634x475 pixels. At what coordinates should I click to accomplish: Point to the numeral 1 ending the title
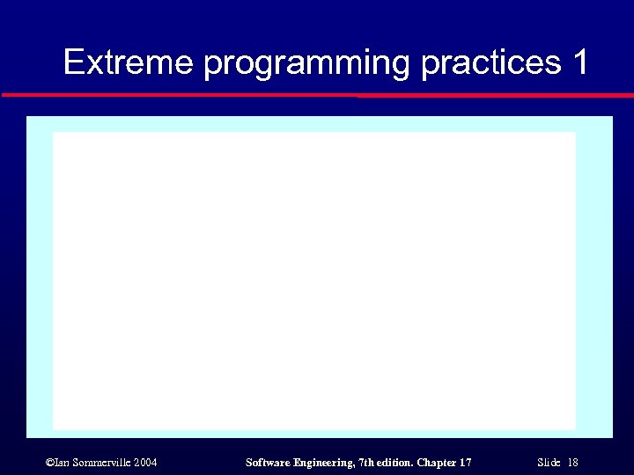coord(579,63)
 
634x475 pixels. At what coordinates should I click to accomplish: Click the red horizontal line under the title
coord(317,94)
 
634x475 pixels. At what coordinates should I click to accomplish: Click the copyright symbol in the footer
coord(48,462)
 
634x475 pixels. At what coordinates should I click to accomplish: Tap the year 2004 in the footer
coord(147,462)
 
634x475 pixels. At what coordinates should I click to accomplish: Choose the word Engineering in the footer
coord(325,462)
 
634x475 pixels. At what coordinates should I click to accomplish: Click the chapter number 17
coord(466,462)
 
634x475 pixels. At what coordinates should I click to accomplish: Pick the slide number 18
coord(572,462)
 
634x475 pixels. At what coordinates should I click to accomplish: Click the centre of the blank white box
coord(314,281)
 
